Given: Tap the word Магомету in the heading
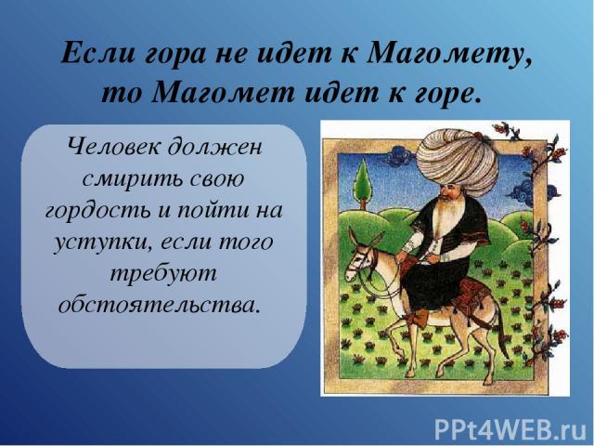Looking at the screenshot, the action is click(x=449, y=54).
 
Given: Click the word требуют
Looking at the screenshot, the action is click(x=163, y=274).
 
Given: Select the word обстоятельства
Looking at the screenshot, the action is click(x=160, y=305).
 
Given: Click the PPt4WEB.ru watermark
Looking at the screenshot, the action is click(x=510, y=429).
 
